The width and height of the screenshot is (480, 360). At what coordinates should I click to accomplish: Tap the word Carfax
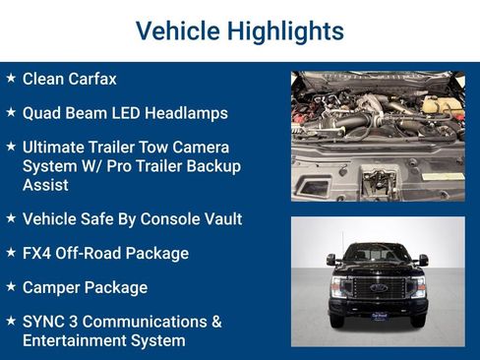(91, 78)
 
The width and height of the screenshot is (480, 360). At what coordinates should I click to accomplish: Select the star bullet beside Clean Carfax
(11, 77)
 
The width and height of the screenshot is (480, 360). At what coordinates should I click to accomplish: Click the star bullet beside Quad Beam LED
(11, 111)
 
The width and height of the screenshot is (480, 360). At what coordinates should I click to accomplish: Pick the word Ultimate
(56, 147)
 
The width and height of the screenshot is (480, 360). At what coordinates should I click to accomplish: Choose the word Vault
(219, 218)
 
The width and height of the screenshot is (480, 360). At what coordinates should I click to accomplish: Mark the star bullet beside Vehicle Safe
(11, 217)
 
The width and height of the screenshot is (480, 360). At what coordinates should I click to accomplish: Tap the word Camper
(51, 287)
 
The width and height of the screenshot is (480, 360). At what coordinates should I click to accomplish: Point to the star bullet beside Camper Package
(11, 286)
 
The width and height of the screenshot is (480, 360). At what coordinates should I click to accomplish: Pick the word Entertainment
(72, 340)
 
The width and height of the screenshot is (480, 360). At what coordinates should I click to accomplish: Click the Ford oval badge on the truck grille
(378, 287)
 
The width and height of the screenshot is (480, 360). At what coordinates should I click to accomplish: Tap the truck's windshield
(378, 254)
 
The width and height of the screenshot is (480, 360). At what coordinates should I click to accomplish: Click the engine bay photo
(378, 136)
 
